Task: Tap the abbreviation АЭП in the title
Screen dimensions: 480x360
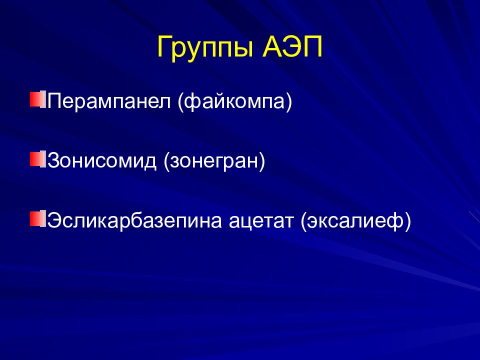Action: [292, 46]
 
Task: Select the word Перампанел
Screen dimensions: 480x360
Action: [109, 101]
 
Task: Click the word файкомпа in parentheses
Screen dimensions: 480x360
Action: [235, 101]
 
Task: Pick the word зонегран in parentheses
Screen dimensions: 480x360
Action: [214, 161]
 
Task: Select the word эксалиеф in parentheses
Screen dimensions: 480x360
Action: [355, 220]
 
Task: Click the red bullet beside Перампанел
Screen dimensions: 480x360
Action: [38, 98]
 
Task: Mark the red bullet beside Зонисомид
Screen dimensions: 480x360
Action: [38, 158]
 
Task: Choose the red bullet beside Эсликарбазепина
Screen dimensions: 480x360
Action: [38, 218]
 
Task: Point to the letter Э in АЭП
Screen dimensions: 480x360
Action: [293, 46]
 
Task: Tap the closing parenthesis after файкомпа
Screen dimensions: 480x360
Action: [289, 101]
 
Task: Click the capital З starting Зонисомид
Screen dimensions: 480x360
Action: [54, 160]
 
